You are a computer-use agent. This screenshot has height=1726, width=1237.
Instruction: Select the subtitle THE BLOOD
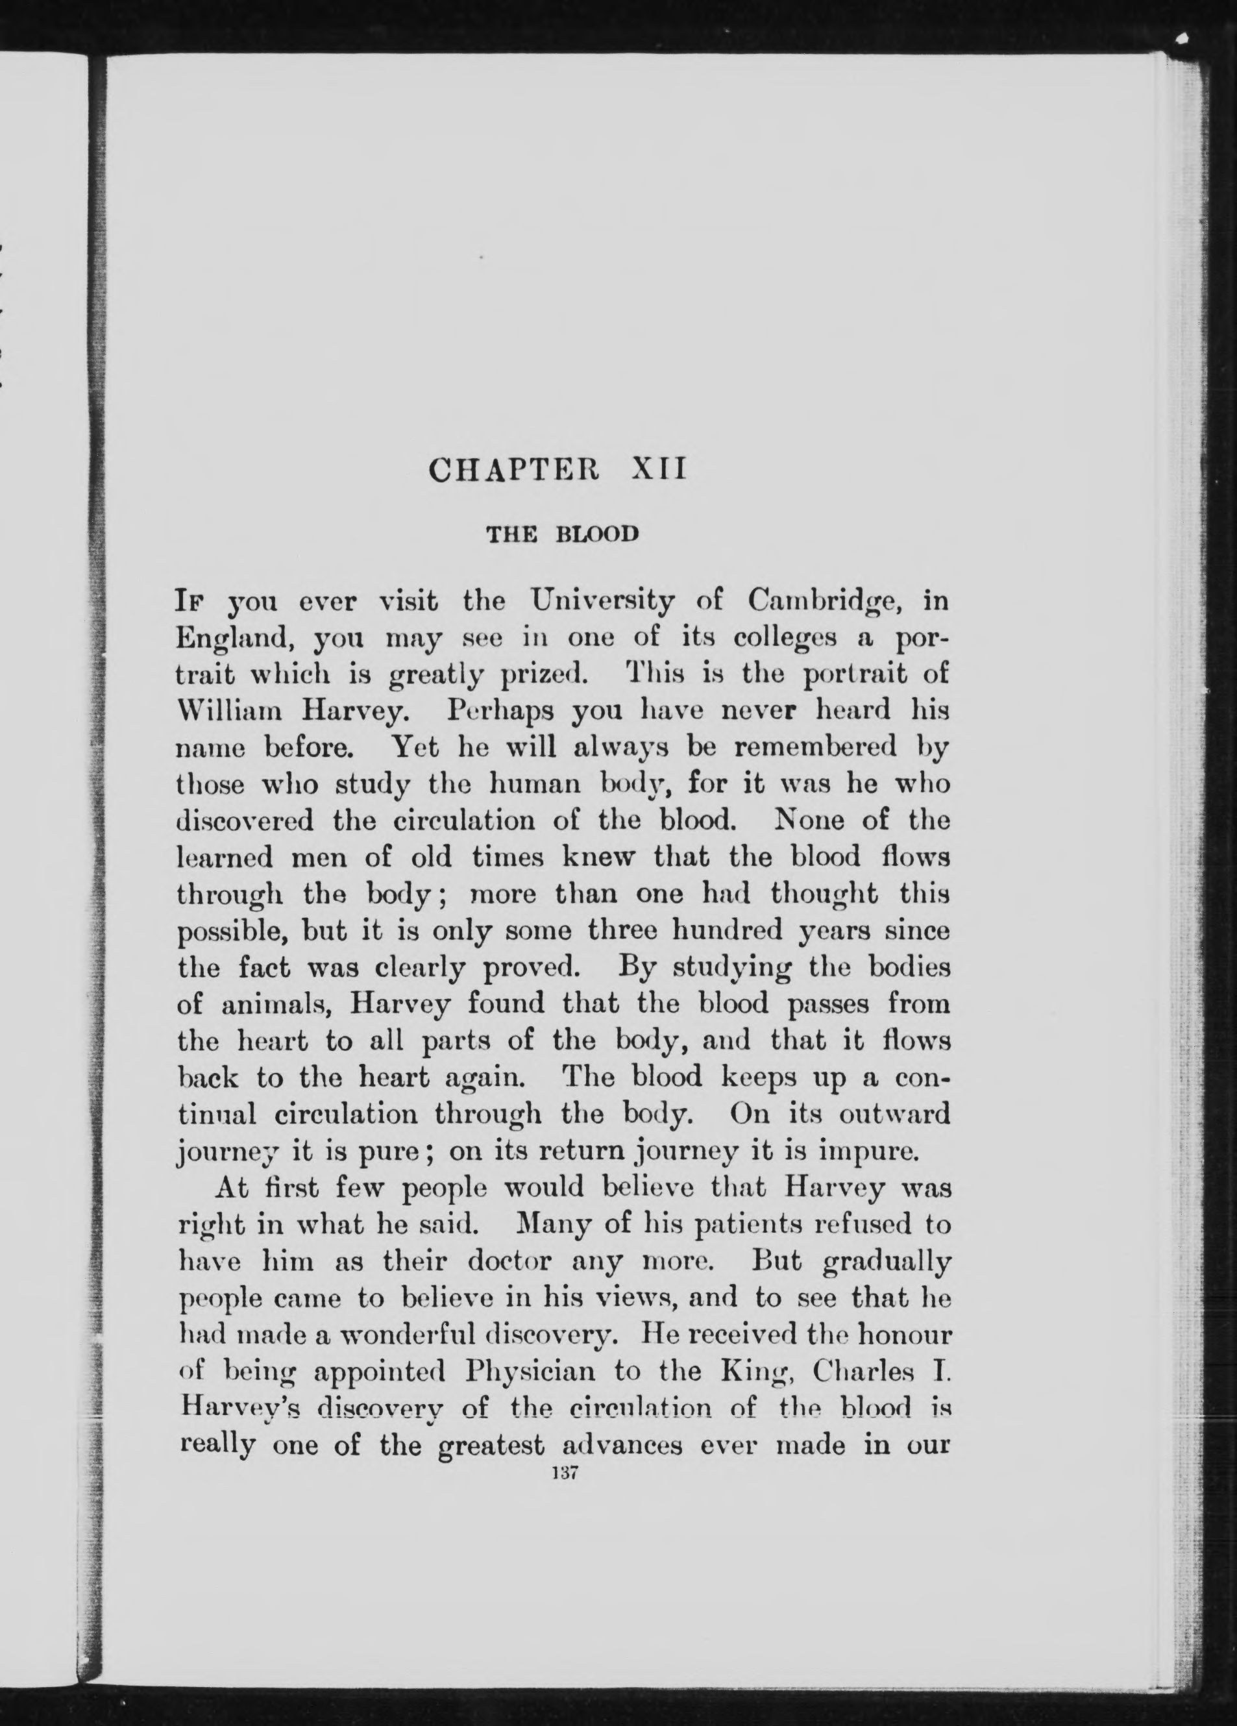pyautogui.click(x=562, y=534)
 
